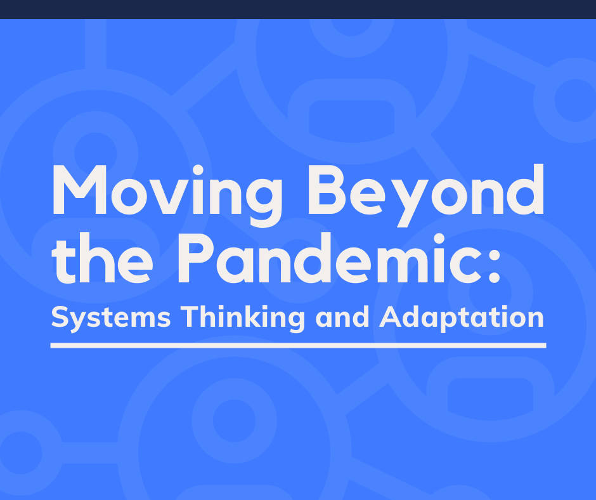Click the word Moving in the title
167,195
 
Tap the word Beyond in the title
426,195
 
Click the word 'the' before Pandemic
103,258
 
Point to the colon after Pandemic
494,265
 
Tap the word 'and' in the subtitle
342,317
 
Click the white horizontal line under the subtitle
299,346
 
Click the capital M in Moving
79,189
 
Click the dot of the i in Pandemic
439,239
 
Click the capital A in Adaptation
391,317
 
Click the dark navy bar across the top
298,9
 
